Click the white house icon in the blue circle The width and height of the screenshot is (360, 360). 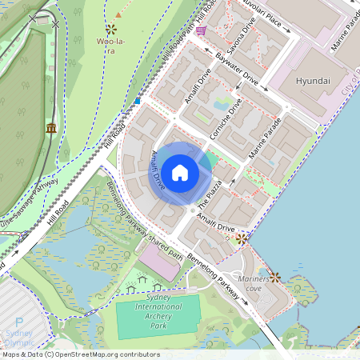pyautogui.click(x=180, y=172)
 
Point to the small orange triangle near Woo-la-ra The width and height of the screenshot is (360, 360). pyautogui.click(x=118, y=14)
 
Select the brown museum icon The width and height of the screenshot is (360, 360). pyautogui.click(x=51, y=128)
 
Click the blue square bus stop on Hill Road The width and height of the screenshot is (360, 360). pyautogui.click(x=138, y=101)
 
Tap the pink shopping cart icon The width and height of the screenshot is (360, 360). pyautogui.click(x=200, y=30)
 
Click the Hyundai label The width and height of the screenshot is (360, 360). pyautogui.click(x=313, y=82)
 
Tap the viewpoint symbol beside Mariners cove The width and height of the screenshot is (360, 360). pyautogui.click(x=275, y=277)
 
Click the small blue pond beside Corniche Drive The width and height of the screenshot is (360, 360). pyautogui.click(x=220, y=103)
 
